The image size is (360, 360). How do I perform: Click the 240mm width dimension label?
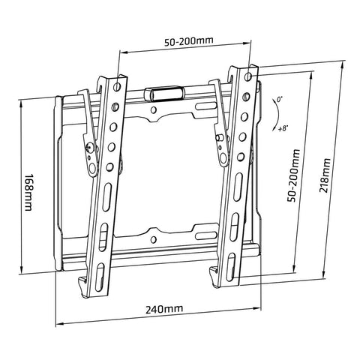[163, 309]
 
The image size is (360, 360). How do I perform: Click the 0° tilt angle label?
[279, 99]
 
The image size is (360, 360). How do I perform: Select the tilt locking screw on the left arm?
[91, 147]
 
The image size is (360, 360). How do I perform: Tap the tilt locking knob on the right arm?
[220, 136]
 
